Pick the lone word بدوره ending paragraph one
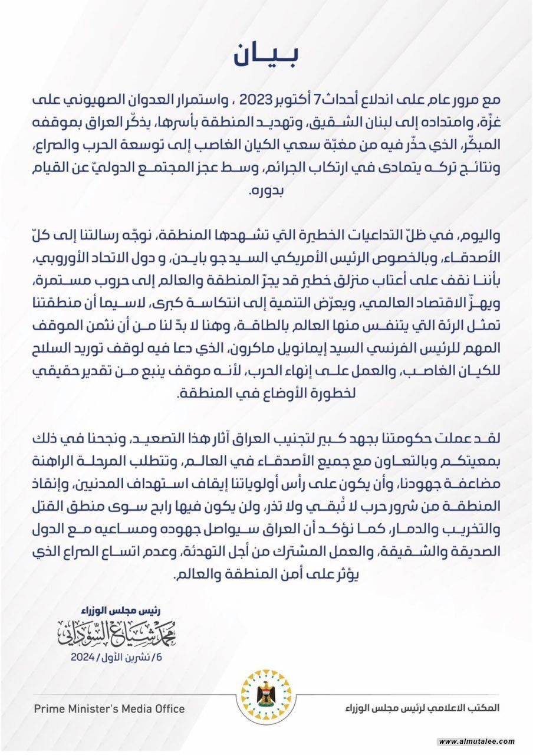(260, 192)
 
